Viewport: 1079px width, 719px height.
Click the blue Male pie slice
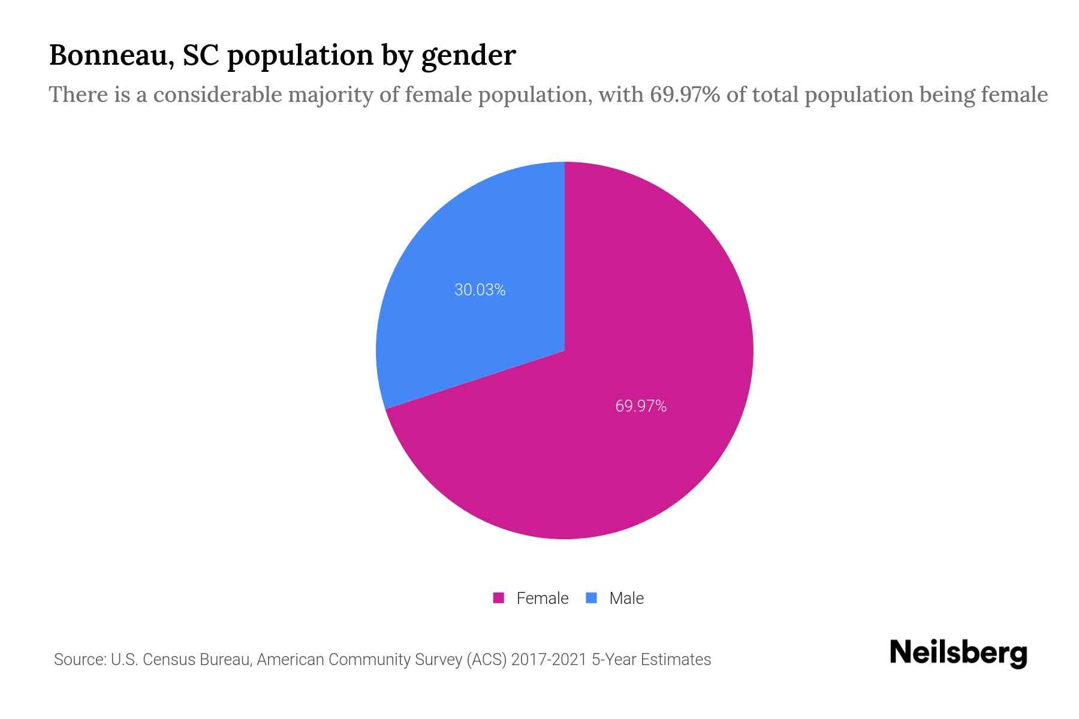coord(474,324)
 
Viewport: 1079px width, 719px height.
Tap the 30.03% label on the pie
coord(480,290)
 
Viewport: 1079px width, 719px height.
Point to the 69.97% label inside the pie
coord(641,406)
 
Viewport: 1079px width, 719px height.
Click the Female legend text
coord(542,598)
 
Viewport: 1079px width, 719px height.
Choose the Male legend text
coord(626,598)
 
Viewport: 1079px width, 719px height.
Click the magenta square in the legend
coord(499,598)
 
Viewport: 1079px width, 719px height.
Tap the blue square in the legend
coord(592,598)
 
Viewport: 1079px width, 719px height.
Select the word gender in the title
coord(468,56)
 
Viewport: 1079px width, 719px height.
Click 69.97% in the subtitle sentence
coord(685,95)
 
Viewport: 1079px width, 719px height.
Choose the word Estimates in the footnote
coord(676,660)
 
